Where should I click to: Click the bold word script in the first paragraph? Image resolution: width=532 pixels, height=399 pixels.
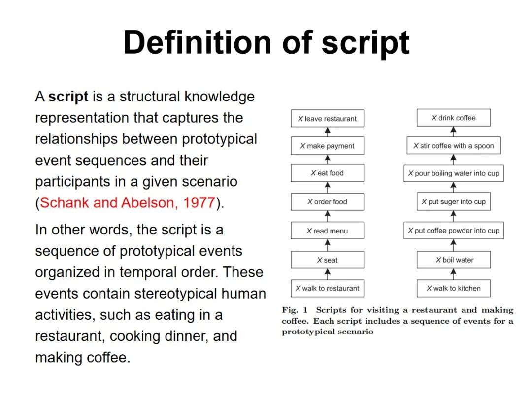tap(68, 97)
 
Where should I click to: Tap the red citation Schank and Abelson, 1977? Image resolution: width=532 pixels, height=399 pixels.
tap(128, 203)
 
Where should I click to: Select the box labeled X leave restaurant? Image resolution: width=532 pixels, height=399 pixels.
tap(327, 119)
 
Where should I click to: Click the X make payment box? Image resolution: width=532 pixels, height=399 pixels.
tap(327, 146)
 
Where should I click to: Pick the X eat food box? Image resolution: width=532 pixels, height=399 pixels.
tap(327, 173)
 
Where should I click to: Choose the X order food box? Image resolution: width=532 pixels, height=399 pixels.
tap(327, 202)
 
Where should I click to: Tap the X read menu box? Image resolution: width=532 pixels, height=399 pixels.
tap(327, 231)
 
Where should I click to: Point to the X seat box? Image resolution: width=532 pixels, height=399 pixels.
tap(327, 260)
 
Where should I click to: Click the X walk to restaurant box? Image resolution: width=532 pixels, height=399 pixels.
tap(327, 288)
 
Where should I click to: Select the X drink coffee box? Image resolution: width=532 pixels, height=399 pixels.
tap(454, 118)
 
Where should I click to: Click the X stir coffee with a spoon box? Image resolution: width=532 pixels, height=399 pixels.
tap(454, 146)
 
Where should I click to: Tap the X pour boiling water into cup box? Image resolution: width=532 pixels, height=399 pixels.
tap(454, 173)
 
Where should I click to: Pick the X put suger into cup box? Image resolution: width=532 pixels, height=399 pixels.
tap(454, 202)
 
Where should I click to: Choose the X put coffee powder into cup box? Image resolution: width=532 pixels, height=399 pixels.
tap(454, 231)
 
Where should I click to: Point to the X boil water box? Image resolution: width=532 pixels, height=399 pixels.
tap(454, 260)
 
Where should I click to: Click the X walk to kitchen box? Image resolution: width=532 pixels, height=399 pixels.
tap(454, 288)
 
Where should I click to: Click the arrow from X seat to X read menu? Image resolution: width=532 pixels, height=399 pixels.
tap(328, 245)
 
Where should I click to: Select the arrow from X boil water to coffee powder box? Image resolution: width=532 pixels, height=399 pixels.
tap(454, 245)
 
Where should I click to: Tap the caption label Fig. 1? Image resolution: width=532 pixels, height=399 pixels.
tap(295, 310)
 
